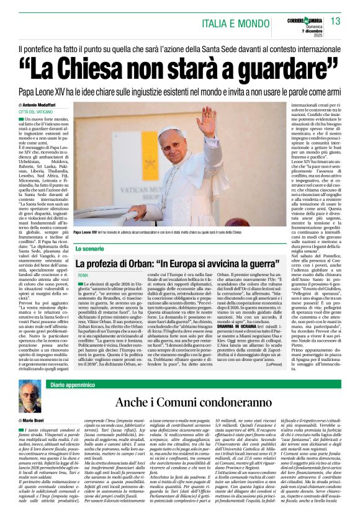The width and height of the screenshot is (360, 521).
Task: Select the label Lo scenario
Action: coord(89,248)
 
